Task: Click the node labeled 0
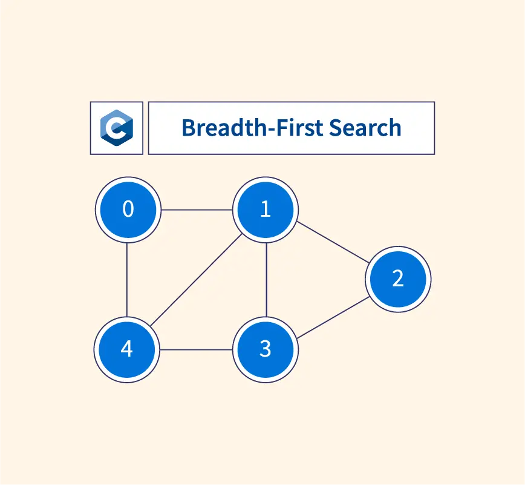[x=128, y=210]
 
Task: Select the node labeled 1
[x=266, y=210]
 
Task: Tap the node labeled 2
[x=398, y=279]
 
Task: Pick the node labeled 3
[x=266, y=349]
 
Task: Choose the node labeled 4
[x=127, y=349]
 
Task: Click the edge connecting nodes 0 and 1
[x=197, y=210]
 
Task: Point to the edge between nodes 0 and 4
[x=128, y=280]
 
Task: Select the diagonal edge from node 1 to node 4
[x=197, y=280]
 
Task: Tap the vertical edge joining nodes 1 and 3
[x=266, y=280]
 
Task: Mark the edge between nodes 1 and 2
[x=332, y=245]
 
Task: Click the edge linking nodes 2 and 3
[x=332, y=314]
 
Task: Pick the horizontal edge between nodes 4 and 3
[x=197, y=349]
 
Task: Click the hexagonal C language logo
[x=117, y=128]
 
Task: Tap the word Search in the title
[x=365, y=128]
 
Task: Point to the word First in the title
[x=297, y=128]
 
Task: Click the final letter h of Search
[x=395, y=128]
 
